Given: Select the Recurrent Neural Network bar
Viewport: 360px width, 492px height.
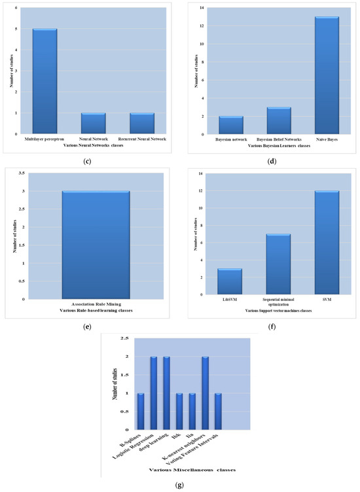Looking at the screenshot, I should pyautogui.click(x=141, y=123).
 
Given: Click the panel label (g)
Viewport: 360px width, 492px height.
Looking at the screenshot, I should pyautogui.click(x=179, y=485).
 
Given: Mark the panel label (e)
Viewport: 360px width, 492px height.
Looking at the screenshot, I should pyautogui.click(x=89, y=321).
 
